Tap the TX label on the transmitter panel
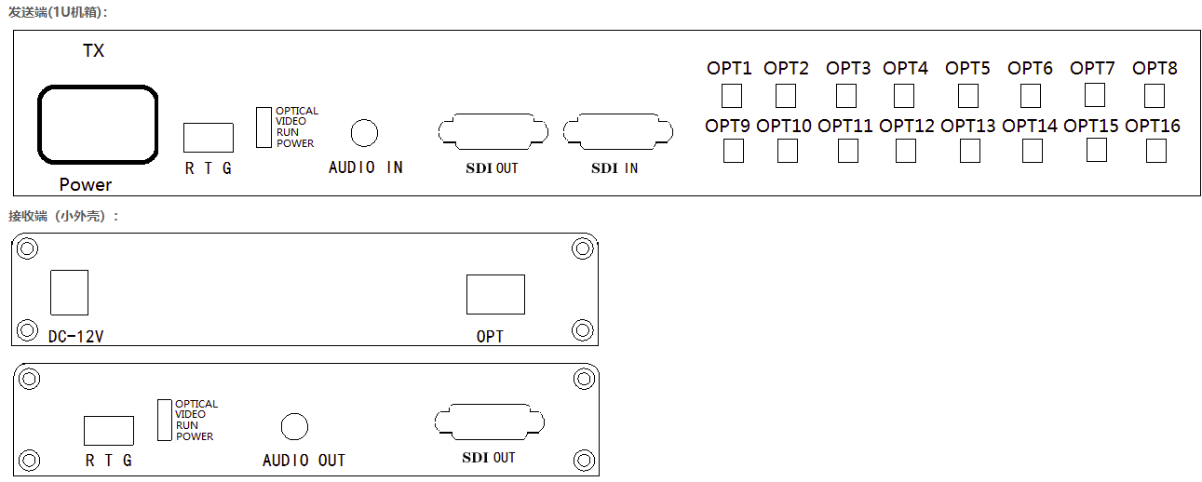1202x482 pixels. [x=93, y=50]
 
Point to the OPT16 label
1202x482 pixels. [x=1152, y=126]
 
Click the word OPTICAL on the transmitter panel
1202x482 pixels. [x=297, y=111]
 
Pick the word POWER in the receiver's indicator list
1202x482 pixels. [x=195, y=436]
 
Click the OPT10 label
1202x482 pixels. [x=783, y=126]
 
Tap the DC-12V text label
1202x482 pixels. [x=75, y=337]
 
